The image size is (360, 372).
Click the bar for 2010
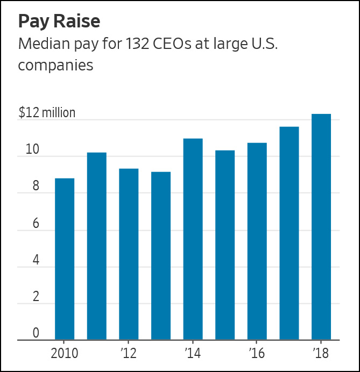(65, 259)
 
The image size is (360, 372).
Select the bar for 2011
(97, 246)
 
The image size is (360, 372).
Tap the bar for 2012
(129, 254)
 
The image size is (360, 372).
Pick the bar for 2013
(161, 256)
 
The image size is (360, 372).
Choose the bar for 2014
(193, 239)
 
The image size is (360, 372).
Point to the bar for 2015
(225, 245)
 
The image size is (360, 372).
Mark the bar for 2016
(257, 241)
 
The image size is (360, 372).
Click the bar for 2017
(289, 233)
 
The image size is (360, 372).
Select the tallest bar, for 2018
(321, 227)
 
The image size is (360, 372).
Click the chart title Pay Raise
(59, 22)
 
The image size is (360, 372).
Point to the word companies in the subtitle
(56, 66)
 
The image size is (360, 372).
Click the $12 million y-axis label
(47, 113)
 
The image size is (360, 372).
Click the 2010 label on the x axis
(64, 353)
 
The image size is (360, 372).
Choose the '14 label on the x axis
(193, 353)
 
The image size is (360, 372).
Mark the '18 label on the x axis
(321, 353)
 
